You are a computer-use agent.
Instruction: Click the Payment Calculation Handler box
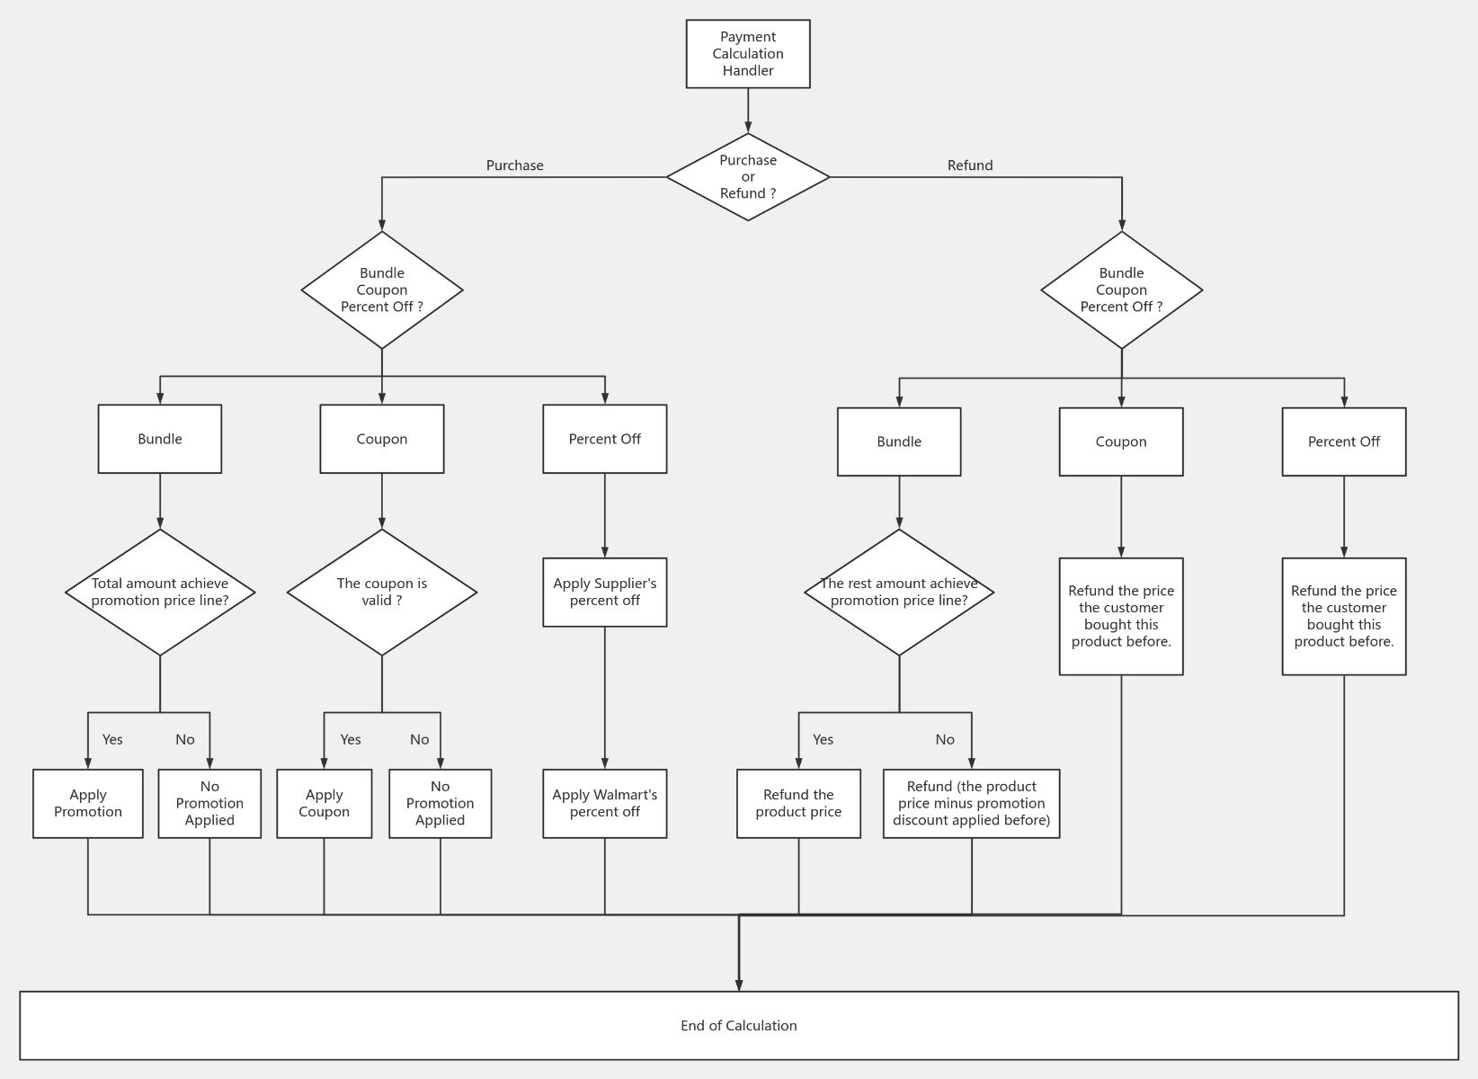coord(747,54)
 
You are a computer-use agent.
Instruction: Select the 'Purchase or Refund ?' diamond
coord(747,177)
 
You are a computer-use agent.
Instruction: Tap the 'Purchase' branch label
coord(514,165)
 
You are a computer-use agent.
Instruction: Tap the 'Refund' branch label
coord(969,165)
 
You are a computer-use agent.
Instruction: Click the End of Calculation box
coord(738,1025)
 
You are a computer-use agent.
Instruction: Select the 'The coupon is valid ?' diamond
coord(381,592)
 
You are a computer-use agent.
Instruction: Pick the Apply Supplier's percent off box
coord(604,592)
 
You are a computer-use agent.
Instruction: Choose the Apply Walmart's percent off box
coord(604,803)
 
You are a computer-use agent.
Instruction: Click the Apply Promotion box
coord(87,803)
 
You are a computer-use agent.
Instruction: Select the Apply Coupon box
coord(324,803)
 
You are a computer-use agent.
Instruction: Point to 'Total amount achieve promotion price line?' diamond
coord(160,592)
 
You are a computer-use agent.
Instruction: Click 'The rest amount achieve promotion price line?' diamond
coord(898,592)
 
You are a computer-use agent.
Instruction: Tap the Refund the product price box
coord(798,803)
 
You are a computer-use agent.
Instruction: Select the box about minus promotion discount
coord(971,803)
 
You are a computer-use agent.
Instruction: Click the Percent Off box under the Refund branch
coord(1343,441)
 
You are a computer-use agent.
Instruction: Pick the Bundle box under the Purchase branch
coord(160,439)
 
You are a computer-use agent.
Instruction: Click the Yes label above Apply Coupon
coord(350,739)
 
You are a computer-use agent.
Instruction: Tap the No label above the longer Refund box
coord(944,739)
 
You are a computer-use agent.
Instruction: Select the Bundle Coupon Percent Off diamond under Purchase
coord(381,290)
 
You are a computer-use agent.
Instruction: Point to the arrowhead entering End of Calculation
coord(738,985)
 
